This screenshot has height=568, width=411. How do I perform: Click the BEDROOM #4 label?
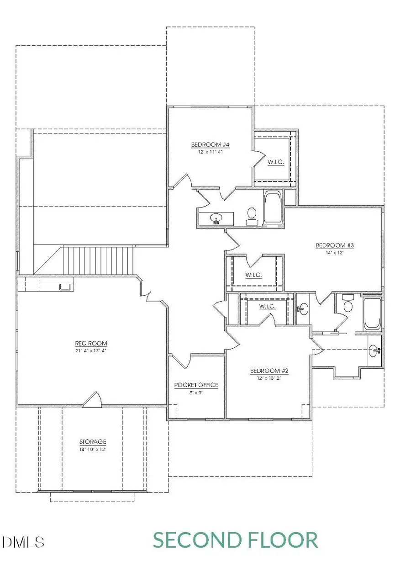pyautogui.click(x=210, y=145)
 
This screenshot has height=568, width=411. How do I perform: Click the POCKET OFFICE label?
pyautogui.click(x=196, y=385)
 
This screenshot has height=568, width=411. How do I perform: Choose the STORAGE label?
pyautogui.click(x=93, y=442)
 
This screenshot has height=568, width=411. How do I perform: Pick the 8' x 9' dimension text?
pyautogui.click(x=196, y=392)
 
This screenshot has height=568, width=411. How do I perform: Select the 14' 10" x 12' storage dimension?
pyautogui.click(x=93, y=449)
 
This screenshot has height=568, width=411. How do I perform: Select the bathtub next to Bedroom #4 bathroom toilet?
pyautogui.click(x=273, y=208)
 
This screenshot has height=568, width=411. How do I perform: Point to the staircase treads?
pyautogui.click(x=98, y=260)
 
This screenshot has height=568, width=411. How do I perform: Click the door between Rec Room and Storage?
pyautogui.click(x=93, y=399)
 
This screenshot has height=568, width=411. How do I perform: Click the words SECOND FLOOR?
pyautogui.click(x=235, y=540)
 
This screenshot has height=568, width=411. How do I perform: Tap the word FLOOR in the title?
pyautogui.click(x=284, y=540)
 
